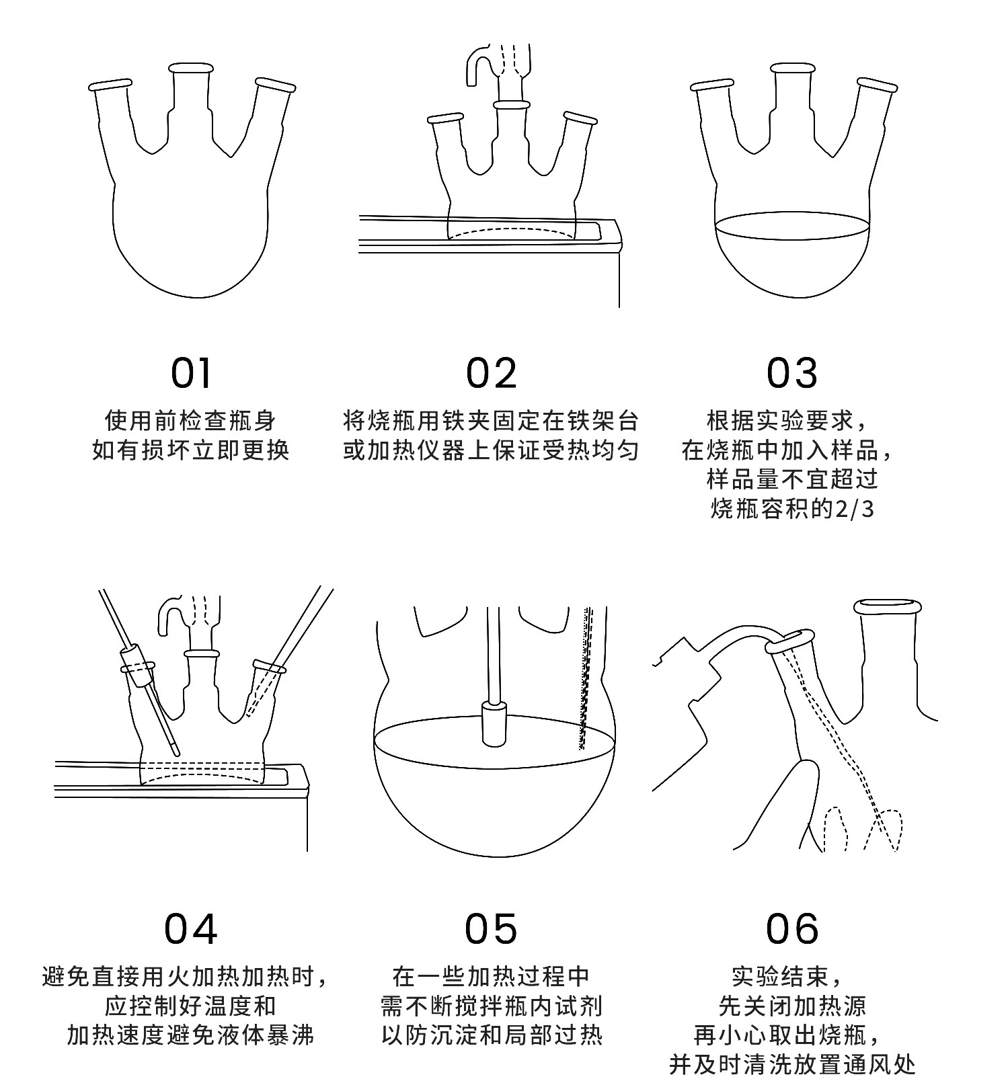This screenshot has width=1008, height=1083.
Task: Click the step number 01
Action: click(x=192, y=373)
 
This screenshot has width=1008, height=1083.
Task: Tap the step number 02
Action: click(x=492, y=373)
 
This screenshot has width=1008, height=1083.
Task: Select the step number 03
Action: click(x=791, y=373)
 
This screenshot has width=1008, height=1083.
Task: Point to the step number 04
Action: click(x=192, y=929)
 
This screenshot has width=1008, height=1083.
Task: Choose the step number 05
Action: click(x=492, y=929)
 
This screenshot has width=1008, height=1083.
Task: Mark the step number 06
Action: click(x=792, y=929)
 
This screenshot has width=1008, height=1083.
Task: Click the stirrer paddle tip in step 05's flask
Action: click(x=494, y=725)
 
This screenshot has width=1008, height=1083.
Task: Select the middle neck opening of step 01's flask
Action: click(x=191, y=68)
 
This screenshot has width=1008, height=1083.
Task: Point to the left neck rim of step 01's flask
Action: click(x=110, y=85)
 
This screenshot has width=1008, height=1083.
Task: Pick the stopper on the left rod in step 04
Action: click(x=137, y=666)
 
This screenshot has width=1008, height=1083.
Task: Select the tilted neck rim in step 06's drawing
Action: click(x=791, y=641)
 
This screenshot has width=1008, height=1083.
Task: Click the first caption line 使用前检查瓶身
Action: click(x=191, y=421)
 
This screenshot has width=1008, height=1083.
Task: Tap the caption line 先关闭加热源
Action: click(x=792, y=1006)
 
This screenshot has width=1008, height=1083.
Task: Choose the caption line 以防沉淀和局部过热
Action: click(x=492, y=1035)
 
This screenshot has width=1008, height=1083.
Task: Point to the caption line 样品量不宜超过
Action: click(x=792, y=479)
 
